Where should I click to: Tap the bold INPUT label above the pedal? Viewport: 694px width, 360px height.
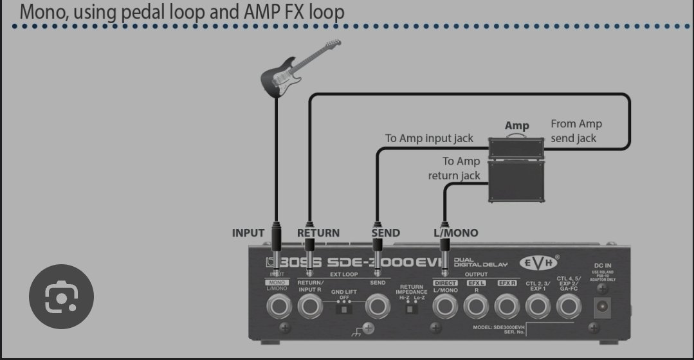248,233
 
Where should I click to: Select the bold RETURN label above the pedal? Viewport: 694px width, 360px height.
318,233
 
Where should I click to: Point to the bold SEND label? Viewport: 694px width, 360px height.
385,233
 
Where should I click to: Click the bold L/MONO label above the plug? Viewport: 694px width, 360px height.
455,233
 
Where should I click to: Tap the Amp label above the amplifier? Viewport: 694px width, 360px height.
516,126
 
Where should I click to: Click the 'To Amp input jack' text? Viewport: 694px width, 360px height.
429,138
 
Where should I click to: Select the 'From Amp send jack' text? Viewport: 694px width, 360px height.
576,130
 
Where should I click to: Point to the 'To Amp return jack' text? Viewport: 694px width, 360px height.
454,168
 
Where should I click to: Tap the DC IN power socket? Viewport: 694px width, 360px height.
603,307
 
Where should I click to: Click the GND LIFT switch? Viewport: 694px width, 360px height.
344,309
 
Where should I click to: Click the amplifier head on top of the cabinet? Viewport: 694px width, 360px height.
517,147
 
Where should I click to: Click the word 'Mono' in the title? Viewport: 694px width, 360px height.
41,12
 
